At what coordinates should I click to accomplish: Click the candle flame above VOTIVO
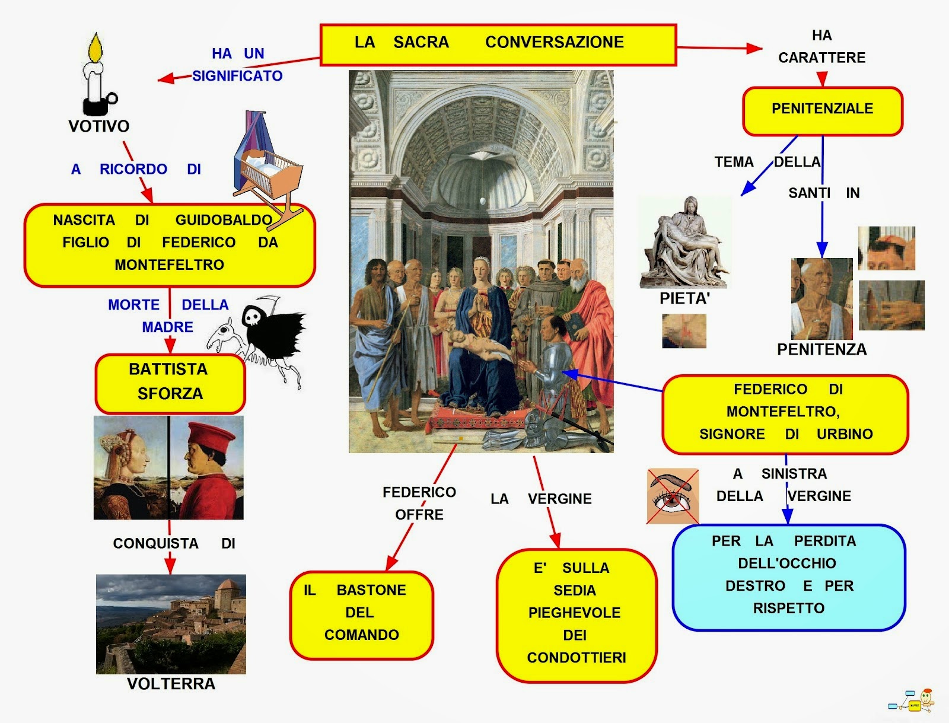tap(95, 47)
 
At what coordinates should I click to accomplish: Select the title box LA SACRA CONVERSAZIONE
tap(498, 45)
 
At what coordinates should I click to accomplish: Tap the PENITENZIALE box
tap(822, 111)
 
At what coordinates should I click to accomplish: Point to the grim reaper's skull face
tap(251, 317)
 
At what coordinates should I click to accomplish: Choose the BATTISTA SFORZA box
tap(170, 383)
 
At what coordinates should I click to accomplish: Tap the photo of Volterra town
tap(171, 623)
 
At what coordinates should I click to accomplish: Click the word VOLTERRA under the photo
tap(171, 684)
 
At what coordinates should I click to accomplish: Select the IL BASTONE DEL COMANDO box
tap(361, 615)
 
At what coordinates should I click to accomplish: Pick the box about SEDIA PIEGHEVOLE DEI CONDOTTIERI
tap(577, 616)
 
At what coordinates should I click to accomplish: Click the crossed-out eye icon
tap(672, 496)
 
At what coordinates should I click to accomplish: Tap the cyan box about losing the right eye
tap(789, 577)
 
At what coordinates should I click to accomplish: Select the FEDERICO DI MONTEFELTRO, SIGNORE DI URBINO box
tap(785, 415)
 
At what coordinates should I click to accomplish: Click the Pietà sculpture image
tap(684, 243)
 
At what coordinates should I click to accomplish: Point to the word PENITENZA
tap(821, 349)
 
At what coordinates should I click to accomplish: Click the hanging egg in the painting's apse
tap(482, 201)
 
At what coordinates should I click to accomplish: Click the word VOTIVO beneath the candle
tap(99, 126)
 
